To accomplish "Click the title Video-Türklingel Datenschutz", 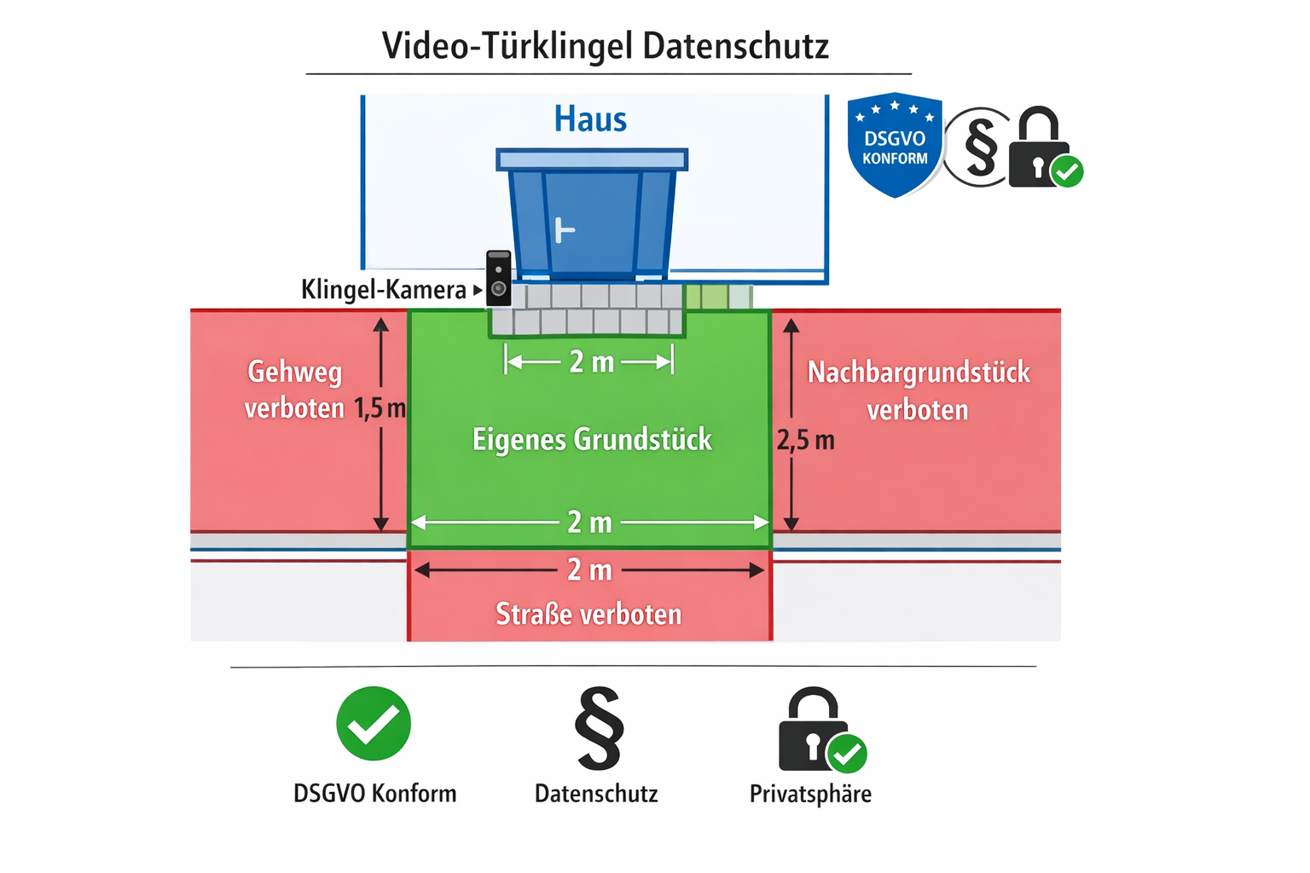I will (x=605, y=46).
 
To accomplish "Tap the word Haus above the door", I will (x=590, y=119).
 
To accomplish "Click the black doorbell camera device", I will (x=499, y=278).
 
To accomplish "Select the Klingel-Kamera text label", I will (x=384, y=290).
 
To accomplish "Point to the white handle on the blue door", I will (x=564, y=230).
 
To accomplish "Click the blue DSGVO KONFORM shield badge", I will (x=894, y=145).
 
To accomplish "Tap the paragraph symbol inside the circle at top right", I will (x=980, y=147).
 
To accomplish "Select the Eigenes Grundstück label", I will (x=592, y=440).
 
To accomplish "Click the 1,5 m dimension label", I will (x=380, y=408).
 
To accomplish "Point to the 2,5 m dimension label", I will (x=805, y=441).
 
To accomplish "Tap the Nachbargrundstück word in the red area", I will (x=919, y=373).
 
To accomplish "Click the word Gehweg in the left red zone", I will (x=295, y=372).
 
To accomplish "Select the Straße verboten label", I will (x=588, y=614).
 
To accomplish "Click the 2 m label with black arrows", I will (x=589, y=569).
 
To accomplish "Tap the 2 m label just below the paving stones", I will (x=591, y=361).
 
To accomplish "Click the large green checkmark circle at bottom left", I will (x=374, y=724).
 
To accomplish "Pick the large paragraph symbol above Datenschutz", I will (x=599, y=728).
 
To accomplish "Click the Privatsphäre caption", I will (x=810, y=794).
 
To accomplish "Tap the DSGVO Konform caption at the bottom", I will (x=374, y=794).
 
